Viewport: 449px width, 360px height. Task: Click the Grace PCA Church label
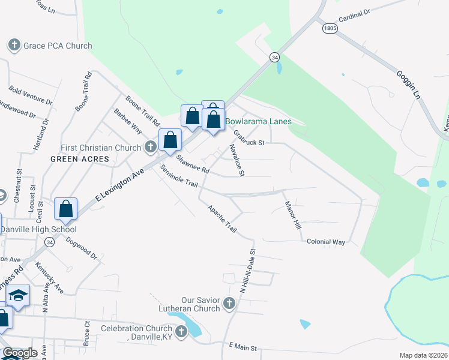coord(58,46)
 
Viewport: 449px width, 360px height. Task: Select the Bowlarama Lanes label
coord(258,121)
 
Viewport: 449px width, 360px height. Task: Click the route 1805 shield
coord(328,28)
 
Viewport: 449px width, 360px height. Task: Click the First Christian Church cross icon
coord(151,147)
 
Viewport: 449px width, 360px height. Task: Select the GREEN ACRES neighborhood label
coord(80,159)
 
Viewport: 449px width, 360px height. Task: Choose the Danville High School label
coord(38,229)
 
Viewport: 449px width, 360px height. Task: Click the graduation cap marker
coord(19,295)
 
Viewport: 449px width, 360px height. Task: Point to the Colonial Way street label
coord(326,242)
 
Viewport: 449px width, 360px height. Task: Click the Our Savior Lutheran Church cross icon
coord(229,304)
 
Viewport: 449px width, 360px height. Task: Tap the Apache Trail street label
coord(222,220)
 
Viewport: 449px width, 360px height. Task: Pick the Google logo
coord(20,353)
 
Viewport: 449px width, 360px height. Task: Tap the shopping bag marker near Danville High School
coord(66,209)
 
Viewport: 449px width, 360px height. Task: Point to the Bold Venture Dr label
coord(31,95)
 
